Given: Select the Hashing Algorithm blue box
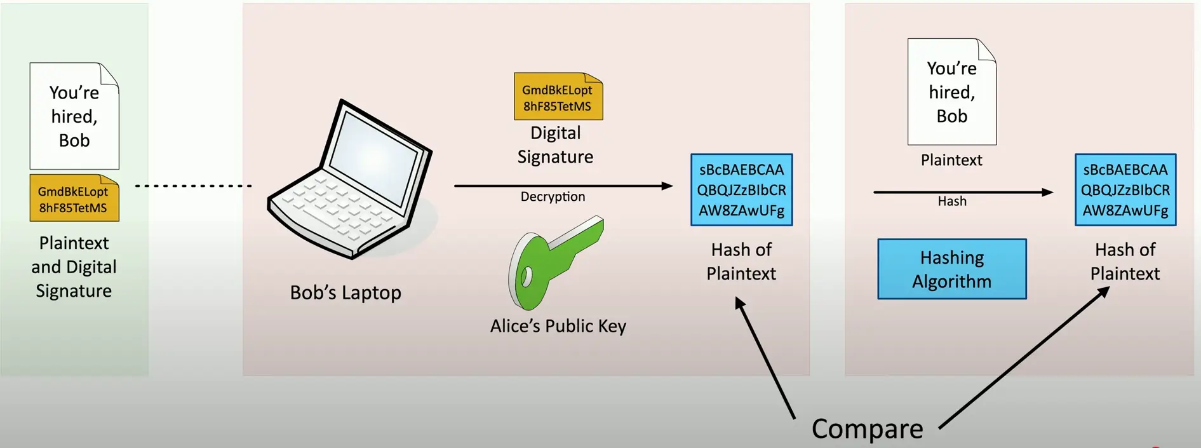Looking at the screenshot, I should (x=951, y=269).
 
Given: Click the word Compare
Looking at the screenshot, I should (x=867, y=429).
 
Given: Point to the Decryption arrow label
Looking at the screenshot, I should (x=553, y=197).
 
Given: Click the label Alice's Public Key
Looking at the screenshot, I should (x=558, y=326).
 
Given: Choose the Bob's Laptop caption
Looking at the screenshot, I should (x=346, y=292).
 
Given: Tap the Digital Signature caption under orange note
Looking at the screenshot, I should (x=555, y=145).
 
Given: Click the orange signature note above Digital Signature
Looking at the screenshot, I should (x=558, y=97).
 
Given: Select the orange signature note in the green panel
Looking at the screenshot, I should (x=74, y=199).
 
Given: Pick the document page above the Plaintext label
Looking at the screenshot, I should (x=951, y=92).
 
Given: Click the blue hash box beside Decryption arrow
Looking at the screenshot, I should (x=741, y=189).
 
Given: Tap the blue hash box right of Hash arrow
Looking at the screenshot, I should (x=1125, y=189).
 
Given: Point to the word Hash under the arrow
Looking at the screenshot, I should (x=952, y=201).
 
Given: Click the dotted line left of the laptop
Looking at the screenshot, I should (x=194, y=186).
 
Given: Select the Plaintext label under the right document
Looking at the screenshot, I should (x=951, y=160).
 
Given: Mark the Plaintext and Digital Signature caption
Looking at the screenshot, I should (x=74, y=267).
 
